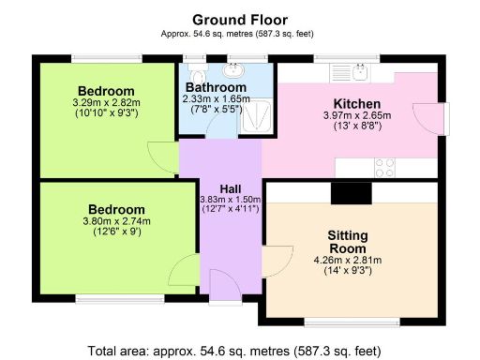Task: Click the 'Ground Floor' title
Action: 240,19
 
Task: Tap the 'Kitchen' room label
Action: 356,103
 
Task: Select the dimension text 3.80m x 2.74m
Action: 116,221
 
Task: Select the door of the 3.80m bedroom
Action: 184,275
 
